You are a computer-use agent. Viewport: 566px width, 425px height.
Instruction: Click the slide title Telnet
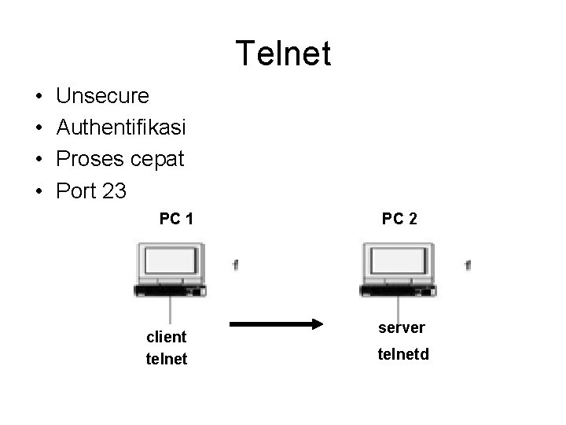[283, 54]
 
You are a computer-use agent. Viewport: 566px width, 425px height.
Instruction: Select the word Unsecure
[103, 96]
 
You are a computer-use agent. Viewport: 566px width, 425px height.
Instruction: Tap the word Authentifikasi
[122, 128]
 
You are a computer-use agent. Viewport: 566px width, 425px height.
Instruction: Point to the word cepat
[157, 161]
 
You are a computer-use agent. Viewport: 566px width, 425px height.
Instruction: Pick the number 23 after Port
[114, 190]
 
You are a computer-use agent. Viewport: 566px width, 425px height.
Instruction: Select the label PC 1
[177, 219]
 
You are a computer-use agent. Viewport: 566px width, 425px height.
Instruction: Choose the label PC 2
[400, 219]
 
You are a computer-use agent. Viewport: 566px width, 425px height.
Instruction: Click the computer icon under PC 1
[171, 269]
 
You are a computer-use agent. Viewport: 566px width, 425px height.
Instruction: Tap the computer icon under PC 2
[397, 269]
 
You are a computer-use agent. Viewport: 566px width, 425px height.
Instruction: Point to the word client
[167, 337]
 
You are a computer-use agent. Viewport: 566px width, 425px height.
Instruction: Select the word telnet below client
[167, 360]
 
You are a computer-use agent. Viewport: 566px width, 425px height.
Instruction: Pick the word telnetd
[403, 355]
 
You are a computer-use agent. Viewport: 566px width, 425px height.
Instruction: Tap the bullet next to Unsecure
[39, 97]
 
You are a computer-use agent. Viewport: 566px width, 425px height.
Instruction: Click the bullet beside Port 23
[39, 191]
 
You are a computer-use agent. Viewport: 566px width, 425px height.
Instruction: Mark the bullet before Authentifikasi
[39, 128]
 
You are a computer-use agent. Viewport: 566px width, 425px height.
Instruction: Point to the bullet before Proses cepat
[39, 160]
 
